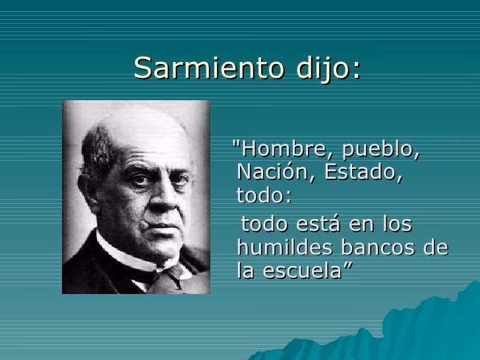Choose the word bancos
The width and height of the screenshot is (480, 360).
(x=377, y=248)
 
